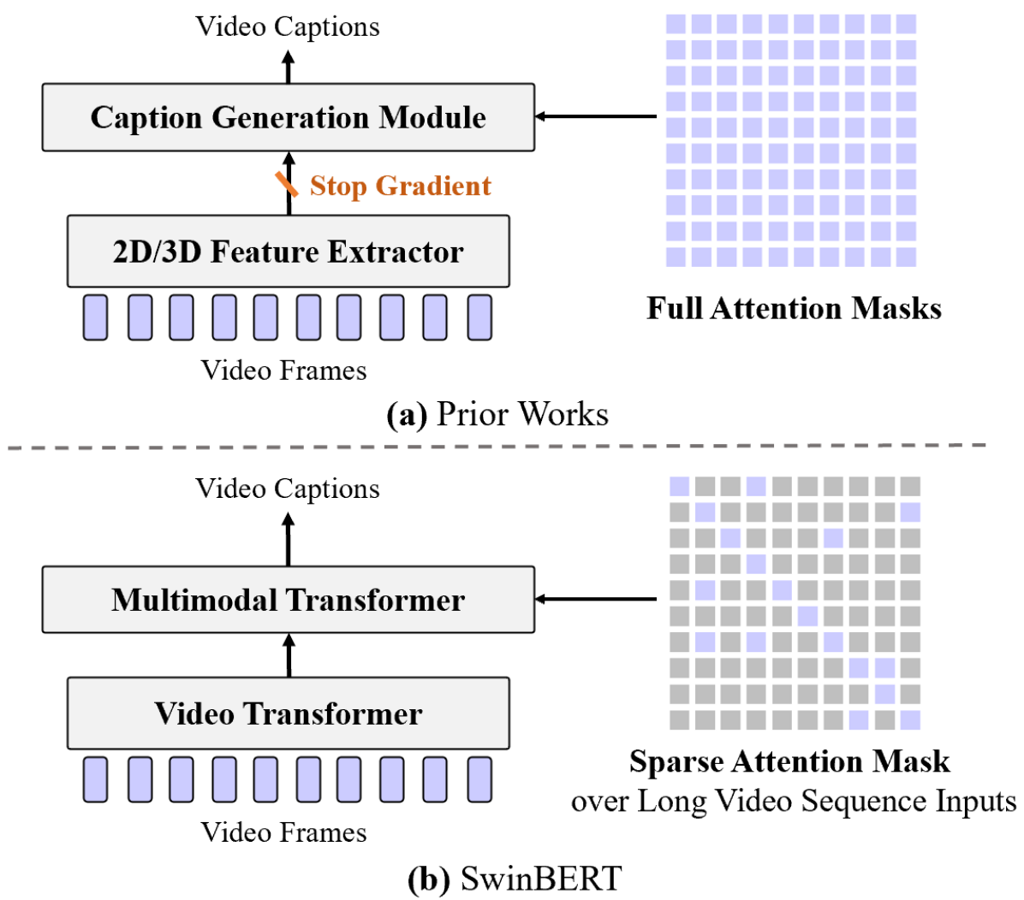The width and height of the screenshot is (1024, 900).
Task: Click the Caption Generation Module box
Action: pos(288,117)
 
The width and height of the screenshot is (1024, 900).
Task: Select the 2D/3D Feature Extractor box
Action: pos(288,252)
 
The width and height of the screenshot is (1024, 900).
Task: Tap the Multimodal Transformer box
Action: pos(288,600)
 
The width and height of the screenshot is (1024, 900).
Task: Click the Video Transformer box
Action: pos(288,713)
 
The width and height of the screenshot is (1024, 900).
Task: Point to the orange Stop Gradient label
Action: pos(401,186)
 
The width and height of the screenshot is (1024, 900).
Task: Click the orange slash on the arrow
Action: pos(286,184)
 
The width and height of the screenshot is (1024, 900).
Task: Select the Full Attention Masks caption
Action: pos(795,308)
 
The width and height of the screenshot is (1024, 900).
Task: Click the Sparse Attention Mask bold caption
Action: pos(789,761)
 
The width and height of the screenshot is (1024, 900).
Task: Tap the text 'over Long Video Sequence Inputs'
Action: pos(794,801)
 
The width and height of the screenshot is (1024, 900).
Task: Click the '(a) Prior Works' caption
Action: pos(497,414)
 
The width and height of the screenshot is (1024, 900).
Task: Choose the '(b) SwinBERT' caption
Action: pos(515,879)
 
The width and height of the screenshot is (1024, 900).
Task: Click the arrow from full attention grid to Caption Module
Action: pos(596,117)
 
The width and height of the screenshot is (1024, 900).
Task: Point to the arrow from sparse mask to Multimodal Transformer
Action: pos(596,599)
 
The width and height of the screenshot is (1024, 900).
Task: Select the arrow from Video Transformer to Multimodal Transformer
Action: pos(289,655)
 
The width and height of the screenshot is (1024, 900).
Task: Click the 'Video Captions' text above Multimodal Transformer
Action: pos(288,488)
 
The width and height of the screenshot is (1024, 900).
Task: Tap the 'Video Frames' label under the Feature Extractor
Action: pos(283,370)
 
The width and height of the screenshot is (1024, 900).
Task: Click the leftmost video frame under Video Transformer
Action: pos(95,779)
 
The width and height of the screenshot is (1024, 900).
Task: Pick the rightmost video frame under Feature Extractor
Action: pos(479,318)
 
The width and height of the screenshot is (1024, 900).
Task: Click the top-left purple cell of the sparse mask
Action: pos(679,486)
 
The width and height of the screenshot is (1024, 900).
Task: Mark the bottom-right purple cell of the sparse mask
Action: pos(910,719)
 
